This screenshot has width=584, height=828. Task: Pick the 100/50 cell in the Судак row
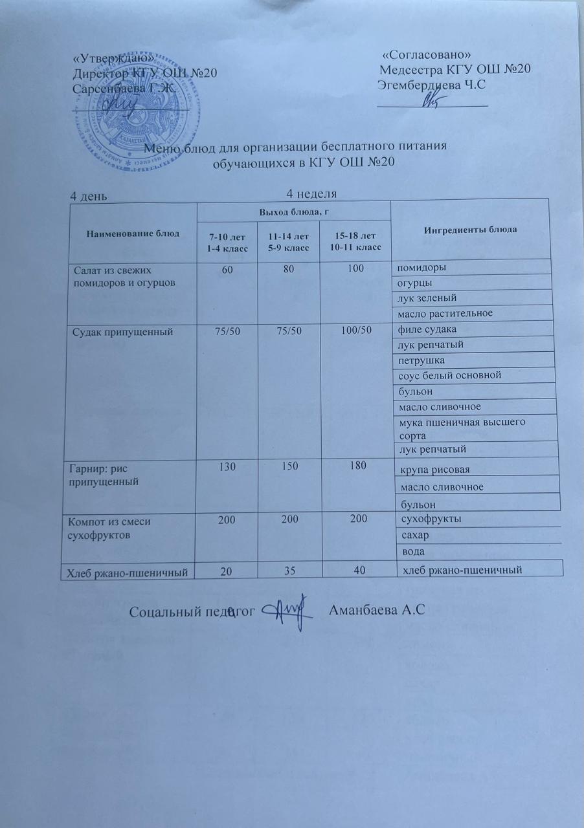point(355,331)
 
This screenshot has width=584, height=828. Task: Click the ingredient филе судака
point(427,330)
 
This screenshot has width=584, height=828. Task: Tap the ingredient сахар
point(416,536)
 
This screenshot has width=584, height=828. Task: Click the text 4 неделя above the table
point(313,193)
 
